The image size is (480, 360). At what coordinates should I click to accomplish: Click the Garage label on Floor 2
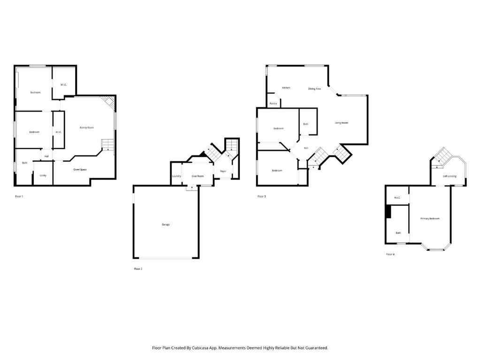coord(166,225)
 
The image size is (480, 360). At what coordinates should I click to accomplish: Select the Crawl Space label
coord(80,169)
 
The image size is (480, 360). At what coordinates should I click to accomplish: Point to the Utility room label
coord(43,175)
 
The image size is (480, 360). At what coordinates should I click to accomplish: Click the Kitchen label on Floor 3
coord(286,88)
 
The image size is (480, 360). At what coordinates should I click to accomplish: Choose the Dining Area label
coord(314,89)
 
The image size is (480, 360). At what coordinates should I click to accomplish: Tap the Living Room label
coord(341,123)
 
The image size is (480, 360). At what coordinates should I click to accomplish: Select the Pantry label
coord(273,103)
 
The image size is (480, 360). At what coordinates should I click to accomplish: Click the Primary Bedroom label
coord(430,218)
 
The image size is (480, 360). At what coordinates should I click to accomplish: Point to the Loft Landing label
coord(450,176)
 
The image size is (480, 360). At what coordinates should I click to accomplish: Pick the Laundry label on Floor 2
coord(176,176)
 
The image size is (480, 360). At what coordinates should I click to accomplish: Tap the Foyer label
coord(223,171)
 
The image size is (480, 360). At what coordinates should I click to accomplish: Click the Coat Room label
coord(198,176)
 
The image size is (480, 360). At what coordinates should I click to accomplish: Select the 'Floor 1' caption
coord(19,196)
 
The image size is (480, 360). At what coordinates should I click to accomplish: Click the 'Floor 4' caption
coord(390,254)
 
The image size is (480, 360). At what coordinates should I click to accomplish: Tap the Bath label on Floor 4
coord(398,233)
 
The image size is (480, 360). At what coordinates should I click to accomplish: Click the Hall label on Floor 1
coord(46,157)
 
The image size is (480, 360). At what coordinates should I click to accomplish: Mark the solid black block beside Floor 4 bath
coord(388,212)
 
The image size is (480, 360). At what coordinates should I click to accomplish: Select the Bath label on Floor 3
coord(305,124)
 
